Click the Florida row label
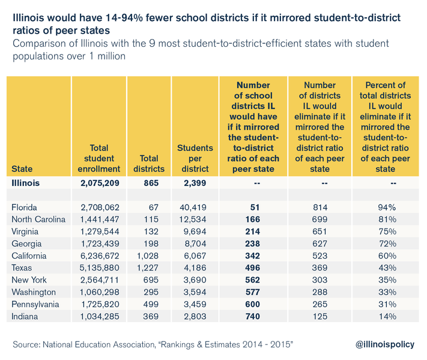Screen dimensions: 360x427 pyautogui.click(x=26, y=207)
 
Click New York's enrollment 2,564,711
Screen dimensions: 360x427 pyautogui.click(x=101, y=280)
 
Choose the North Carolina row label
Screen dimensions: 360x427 pyautogui.click(x=38, y=219)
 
